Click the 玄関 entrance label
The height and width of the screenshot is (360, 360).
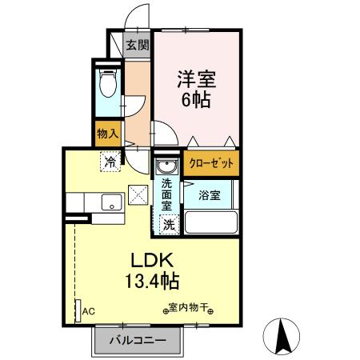point(137,45)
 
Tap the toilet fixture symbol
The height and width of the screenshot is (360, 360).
point(106,83)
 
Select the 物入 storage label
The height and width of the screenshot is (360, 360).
point(107,134)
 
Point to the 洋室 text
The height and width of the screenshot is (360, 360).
point(195,80)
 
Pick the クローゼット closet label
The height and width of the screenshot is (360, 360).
point(211,163)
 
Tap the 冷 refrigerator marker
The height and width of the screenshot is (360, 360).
point(109,163)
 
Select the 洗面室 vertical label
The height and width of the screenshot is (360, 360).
point(166,194)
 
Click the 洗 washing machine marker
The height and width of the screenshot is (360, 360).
point(169,226)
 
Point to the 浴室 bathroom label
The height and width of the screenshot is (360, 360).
point(210,194)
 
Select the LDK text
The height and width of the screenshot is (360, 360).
point(151,261)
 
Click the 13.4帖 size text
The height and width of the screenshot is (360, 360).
point(151,281)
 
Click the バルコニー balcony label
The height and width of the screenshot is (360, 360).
point(138,341)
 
